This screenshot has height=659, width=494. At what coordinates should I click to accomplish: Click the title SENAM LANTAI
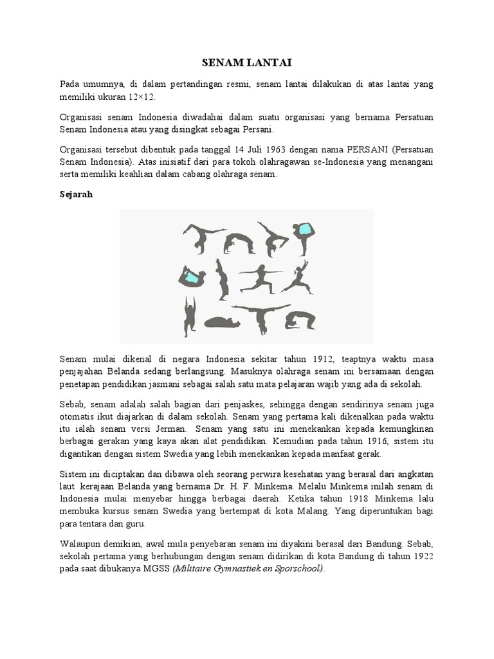(246, 62)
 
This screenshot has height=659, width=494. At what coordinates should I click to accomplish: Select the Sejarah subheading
(76, 194)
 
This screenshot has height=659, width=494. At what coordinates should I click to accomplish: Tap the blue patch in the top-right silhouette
(306, 229)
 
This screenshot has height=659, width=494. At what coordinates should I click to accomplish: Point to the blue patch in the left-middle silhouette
(191, 277)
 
